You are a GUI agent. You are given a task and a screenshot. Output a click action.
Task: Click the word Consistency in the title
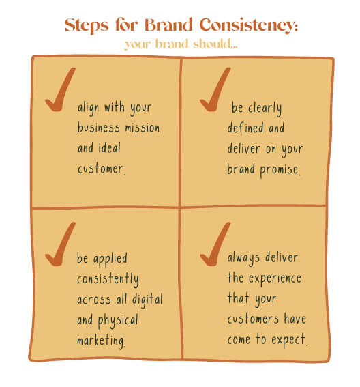(x=248, y=26)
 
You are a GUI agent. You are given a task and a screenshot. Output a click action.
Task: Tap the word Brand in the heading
(x=168, y=25)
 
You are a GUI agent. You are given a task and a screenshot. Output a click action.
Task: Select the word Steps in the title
(x=87, y=26)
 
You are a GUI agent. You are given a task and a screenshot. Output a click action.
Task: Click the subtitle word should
(x=215, y=44)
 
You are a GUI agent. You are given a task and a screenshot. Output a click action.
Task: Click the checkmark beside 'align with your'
(x=61, y=89)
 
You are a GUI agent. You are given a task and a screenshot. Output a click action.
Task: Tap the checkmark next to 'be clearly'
(x=215, y=89)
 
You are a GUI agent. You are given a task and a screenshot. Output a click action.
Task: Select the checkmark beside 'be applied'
(x=61, y=244)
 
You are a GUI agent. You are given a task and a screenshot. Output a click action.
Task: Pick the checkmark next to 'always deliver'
(x=215, y=244)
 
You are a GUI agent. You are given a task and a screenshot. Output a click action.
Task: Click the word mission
(x=142, y=128)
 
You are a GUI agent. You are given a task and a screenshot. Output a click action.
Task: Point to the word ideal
(x=110, y=148)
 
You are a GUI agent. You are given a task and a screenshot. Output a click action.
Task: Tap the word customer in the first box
(x=100, y=169)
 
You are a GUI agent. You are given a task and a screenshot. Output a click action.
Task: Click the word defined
(x=245, y=128)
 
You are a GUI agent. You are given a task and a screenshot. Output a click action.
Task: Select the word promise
(x=279, y=171)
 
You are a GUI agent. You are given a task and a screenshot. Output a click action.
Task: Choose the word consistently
(x=108, y=280)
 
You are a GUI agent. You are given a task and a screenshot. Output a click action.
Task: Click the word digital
(x=147, y=300)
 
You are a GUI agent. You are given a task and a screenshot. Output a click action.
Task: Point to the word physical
(x=118, y=321)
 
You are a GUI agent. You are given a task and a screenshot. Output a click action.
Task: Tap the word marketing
(x=101, y=341)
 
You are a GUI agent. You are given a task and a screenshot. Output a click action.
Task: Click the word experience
(x=275, y=279)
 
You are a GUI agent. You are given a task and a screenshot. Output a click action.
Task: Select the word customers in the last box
(x=253, y=319)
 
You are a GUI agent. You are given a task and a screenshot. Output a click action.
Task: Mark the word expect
(x=288, y=340)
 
